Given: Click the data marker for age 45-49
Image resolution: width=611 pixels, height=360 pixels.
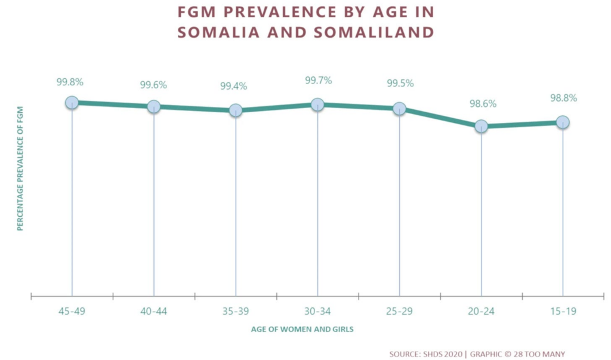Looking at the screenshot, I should [x=72, y=103].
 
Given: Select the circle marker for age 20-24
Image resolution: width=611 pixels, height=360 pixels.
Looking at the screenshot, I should [x=481, y=126].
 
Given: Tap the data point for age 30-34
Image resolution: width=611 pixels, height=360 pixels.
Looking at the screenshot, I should [x=317, y=104].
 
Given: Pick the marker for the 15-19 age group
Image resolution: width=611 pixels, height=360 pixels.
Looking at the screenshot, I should [x=563, y=122].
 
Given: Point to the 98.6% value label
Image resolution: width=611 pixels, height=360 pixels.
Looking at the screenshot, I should [x=483, y=103].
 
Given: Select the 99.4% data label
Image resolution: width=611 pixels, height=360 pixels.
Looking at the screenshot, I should [x=233, y=87].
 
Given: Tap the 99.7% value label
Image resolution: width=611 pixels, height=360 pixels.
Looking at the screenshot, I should [x=317, y=81].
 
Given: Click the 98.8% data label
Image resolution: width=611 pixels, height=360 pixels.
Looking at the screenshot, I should [x=563, y=99].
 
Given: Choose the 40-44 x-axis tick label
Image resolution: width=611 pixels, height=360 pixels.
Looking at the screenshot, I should [x=154, y=310].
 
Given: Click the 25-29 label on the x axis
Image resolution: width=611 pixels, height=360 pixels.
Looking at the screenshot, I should [x=399, y=310].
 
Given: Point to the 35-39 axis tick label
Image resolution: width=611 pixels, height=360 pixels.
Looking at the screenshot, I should [x=236, y=310].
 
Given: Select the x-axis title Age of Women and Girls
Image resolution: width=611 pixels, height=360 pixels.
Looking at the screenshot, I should [x=305, y=329].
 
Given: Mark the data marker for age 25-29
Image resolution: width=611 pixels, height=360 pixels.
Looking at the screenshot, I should [x=399, y=108].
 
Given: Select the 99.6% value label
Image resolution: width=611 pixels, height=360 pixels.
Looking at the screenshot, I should [x=153, y=85].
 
